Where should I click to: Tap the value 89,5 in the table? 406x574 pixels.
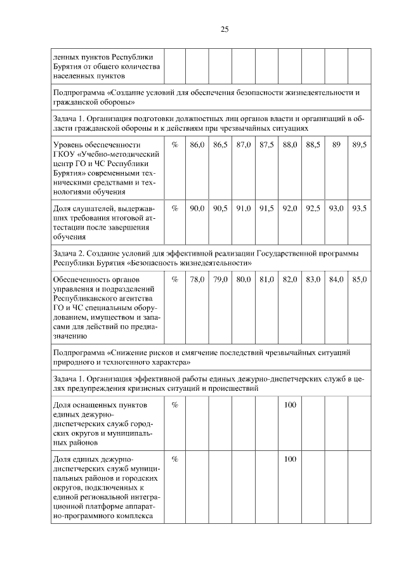(359, 145)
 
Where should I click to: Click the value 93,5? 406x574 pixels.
(359, 208)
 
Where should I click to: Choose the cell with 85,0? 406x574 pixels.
(359, 279)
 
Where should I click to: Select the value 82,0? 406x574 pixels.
(290, 279)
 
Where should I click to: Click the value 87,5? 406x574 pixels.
(266, 145)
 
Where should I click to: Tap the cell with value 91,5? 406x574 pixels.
(266, 208)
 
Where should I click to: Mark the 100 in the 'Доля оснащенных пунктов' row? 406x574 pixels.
(290, 405)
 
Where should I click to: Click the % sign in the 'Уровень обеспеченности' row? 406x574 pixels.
(174, 145)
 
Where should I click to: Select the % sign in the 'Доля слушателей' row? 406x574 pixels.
(174, 208)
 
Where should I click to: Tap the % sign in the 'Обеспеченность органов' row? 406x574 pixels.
(174, 279)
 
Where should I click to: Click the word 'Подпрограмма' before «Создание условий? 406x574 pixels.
(79, 92)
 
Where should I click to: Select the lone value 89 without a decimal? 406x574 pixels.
(336, 145)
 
